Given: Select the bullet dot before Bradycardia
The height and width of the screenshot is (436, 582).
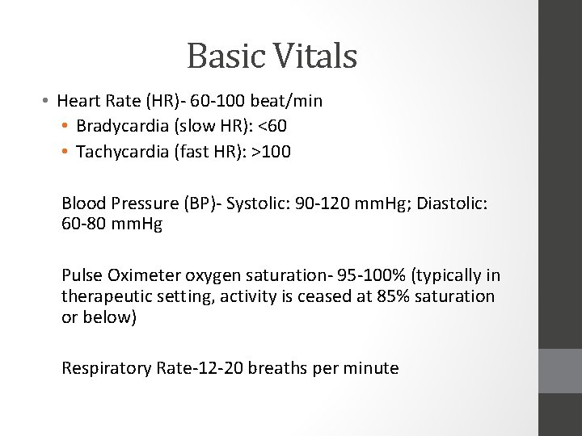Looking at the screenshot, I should coord(65,127).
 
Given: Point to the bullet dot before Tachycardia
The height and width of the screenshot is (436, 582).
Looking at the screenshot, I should coord(65,151).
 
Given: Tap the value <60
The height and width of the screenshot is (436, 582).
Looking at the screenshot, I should coord(272,127).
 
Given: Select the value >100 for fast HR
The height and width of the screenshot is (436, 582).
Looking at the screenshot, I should coord(271,151).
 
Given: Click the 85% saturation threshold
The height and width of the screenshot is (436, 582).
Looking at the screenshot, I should coord(392,296).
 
